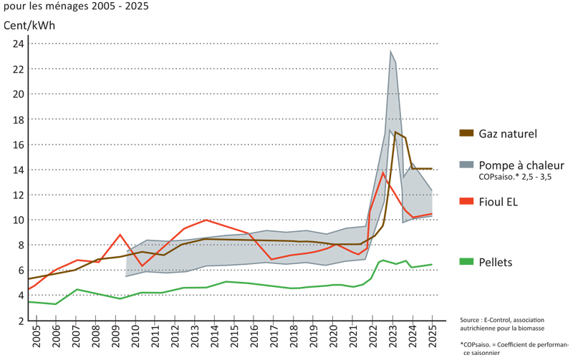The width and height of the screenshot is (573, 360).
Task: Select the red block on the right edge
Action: pyautogui.click(x=465, y=206)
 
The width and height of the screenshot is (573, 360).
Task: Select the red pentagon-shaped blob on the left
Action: pyautogui.click(x=120, y=236)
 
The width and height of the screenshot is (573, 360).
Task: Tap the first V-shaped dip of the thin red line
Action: pyautogui.click(x=143, y=266)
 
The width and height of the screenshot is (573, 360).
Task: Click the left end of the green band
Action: pyautogui.click(x=32, y=301)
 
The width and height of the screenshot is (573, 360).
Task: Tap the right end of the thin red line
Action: pyautogui.click(x=432, y=213)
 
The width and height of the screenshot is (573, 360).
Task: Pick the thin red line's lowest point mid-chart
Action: pyautogui.click(x=272, y=258)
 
